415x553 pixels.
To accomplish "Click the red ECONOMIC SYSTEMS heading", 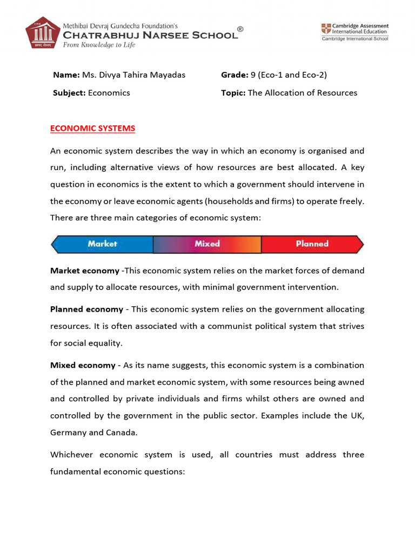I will click(92, 129).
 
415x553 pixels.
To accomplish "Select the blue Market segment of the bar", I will click(103, 244).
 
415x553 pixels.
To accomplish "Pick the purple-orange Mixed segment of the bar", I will click(207, 244).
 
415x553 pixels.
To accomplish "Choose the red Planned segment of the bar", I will click(312, 244).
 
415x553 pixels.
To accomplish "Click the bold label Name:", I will click(65, 75).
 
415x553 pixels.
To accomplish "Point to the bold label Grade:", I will click(235, 75).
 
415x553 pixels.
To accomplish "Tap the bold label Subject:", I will click(69, 93).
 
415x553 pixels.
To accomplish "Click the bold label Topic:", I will click(233, 93).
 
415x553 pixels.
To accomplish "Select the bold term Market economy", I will click(85, 271).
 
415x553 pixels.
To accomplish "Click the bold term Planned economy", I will click(86, 309).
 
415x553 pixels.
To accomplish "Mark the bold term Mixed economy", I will click(83, 366).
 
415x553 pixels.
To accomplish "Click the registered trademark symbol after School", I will click(240, 30).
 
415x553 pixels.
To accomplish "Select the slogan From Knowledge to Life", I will click(99, 45).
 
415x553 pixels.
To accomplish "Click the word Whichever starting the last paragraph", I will click(73, 455).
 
